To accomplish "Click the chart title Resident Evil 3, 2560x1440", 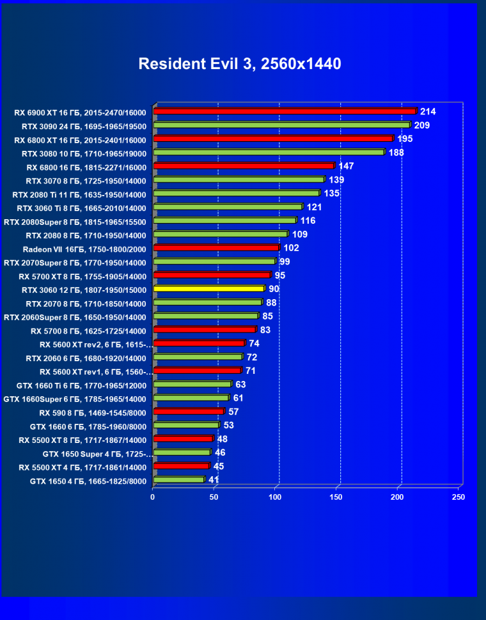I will tap(240, 64).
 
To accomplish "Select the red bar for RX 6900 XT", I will tap(285, 112).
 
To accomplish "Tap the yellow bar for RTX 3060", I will tap(208, 289).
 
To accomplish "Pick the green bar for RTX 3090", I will tap(281, 125).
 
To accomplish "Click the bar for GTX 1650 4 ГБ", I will tap(178, 480).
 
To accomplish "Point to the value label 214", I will tap(428, 112).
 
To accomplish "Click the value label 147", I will tap(346, 166).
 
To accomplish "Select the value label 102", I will tap(291, 248).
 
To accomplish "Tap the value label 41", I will tap(214, 479).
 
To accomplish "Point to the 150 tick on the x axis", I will tap(337, 497).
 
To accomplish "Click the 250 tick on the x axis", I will tap(458, 497).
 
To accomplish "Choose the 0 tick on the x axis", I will tap(153, 497).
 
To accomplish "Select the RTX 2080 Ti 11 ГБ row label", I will tap(79, 194).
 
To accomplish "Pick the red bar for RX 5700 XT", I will tap(212, 275).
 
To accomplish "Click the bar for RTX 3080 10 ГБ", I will tap(269, 153).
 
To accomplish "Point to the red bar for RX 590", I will tap(189, 412).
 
